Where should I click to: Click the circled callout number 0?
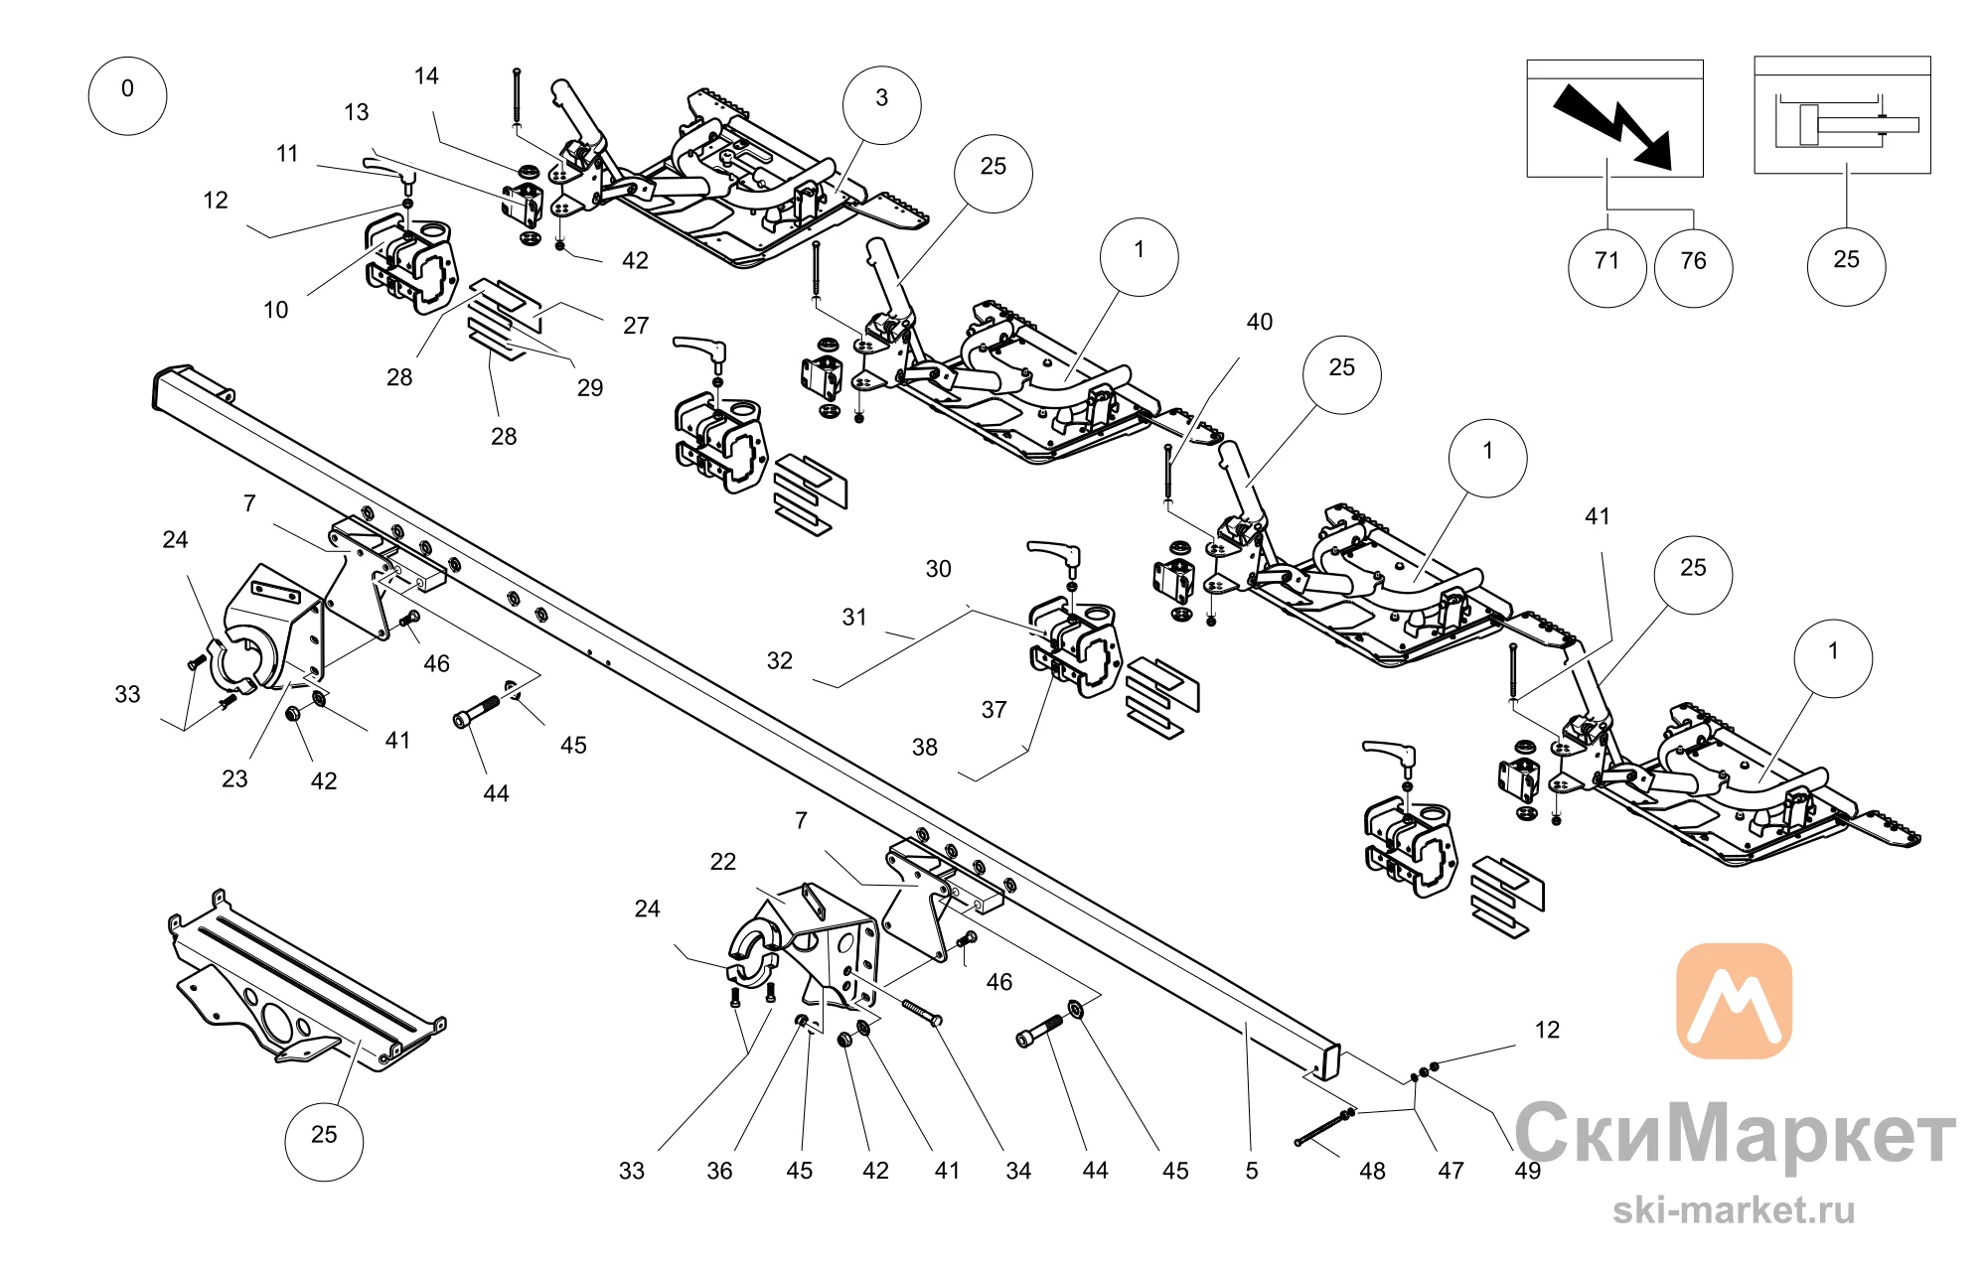[x=127, y=96]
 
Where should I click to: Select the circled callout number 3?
[x=882, y=105]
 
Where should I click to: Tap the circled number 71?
[x=1607, y=268]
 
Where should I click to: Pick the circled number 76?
[x=1694, y=268]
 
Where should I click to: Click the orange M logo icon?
[x=1735, y=1001]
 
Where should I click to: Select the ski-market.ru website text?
[x=1734, y=1209]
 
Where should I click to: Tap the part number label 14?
[x=426, y=76]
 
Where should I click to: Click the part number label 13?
[x=357, y=112]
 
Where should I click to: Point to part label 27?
[x=636, y=325]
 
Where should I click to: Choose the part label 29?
[x=590, y=387]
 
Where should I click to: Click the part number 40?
[x=1260, y=322]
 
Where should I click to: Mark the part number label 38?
[x=925, y=747]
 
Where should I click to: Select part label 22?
[x=723, y=861]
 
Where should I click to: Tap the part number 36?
[x=719, y=1171]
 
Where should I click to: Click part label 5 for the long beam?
[x=1252, y=1171]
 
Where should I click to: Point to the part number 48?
[x=1372, y=1171]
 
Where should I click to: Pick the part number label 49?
[x=1528, y=1171]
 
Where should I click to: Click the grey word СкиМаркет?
[x=1735, y=1133]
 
